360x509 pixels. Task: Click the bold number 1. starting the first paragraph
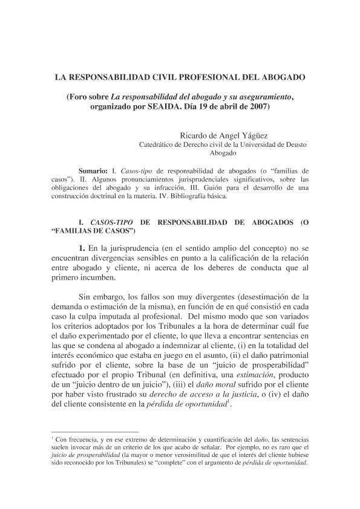click(83, 248)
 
